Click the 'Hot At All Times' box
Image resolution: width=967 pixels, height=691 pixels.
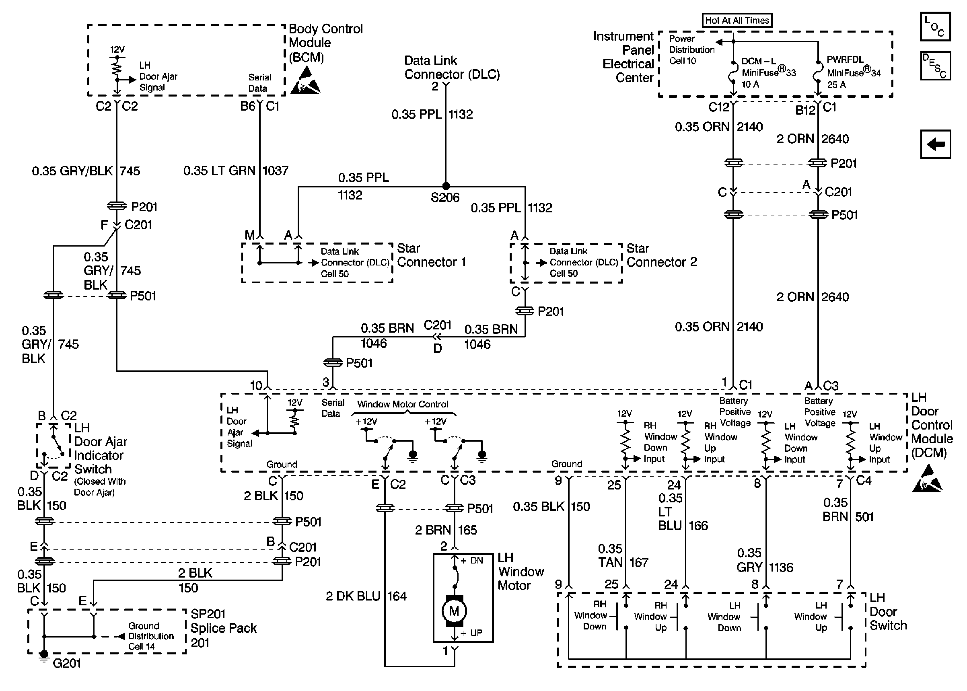tap(737, 20)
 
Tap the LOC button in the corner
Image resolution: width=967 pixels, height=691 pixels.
tap(935, 27)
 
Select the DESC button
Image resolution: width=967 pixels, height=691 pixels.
tap(935, 66)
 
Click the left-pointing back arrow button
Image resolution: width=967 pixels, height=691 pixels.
tap(935, 144)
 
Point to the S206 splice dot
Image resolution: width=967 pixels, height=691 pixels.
tap(446, 186)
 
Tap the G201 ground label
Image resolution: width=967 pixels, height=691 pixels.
tap(67, 663)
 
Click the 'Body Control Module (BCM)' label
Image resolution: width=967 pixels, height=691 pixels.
tap(325, 43)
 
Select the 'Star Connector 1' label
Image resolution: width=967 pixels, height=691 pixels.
tap(431, 255)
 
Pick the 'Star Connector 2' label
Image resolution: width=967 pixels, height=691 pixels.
tap(662, 255)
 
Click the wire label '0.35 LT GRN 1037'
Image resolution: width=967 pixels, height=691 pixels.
tap(236, 171)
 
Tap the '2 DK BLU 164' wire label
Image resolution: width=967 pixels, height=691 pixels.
tap(366, 596)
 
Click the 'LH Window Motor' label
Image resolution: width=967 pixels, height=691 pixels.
tap(521, 572)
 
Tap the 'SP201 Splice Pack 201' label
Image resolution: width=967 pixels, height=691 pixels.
tap(223, 628)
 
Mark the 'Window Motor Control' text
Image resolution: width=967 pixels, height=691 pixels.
tap(403, 404)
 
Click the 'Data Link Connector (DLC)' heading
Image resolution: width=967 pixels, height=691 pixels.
tap(452, 67)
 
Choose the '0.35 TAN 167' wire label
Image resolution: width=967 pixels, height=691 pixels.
tap(623, 556)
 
